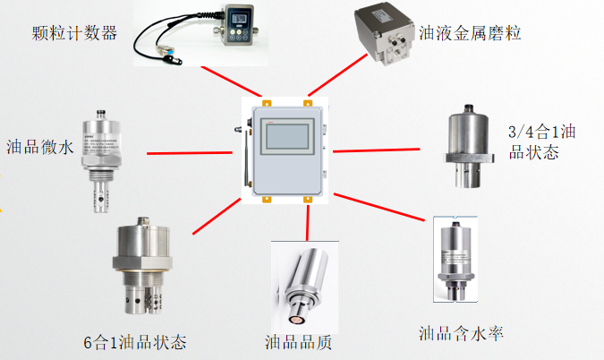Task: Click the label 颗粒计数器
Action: click(x=74, y=33)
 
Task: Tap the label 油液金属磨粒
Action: click(x=470, y=33)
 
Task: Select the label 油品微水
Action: click(x=39, y=147)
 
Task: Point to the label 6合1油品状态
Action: click(x=135, y=342)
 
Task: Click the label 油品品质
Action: click(x=298, y=342)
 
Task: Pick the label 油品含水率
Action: click(x=461, y=333)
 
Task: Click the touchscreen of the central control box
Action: click(x=287, y=136)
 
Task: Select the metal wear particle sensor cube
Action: click(x=384, y=33)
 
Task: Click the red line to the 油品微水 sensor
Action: click(x=190, y=153)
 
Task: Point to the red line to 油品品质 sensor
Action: click(x=308, y=223)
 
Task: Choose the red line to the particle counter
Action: click(x=232, y=81)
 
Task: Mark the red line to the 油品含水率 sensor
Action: click(x=379, y=207)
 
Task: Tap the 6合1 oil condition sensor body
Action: click(x=142, y=266)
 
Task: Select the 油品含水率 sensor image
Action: click(x=455, y=260)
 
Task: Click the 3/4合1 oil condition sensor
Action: click(x=468, y=146)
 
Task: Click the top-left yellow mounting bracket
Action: click(x=267, y=103)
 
